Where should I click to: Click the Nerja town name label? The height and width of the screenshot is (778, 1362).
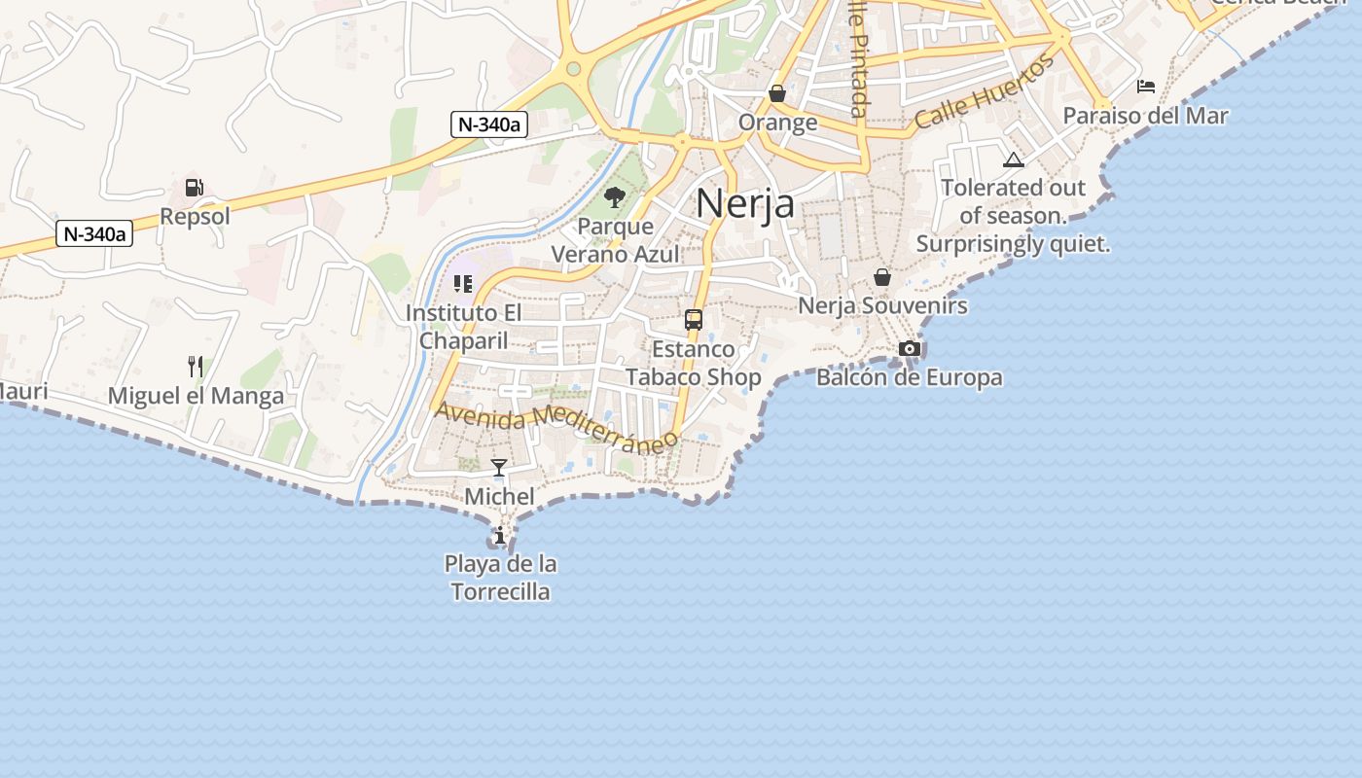pyautogui.click(x=745, y=203)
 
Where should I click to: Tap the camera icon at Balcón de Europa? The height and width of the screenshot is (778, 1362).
pyautogui.click(x=910, y=348)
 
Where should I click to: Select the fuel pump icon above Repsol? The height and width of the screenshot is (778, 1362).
pyautogui.click(x=195, y=187)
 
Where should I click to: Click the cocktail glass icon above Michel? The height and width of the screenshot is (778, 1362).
pyautogui.click(x=499, y=468)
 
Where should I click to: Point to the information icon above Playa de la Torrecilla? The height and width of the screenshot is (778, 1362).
pyautogui.click(x=500, y=535)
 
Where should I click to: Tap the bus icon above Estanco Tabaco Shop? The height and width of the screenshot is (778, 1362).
pyautogui.click(x=694, y=319)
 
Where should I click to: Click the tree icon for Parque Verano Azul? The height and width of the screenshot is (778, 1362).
pyautogui.click(x=615, y=198)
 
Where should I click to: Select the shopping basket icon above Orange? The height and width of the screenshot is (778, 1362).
pyautogui.click(x=777, y=93)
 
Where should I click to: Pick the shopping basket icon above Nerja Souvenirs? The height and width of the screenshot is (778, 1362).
pyautogui.click(x=882, y=277)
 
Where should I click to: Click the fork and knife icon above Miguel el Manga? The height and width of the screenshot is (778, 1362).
pyautogui.click(x=196, y=367)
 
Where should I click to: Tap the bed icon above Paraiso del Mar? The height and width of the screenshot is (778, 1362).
pyautogui.click(x=1146, y=87)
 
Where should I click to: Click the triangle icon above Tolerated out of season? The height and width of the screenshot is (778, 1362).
pyautogui.click(x=1014, y=159)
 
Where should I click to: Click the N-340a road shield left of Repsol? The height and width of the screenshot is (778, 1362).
pyautogui.click(x=94, y=233)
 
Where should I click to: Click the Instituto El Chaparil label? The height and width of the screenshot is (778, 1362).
pyautogui.click(x=464, y=327)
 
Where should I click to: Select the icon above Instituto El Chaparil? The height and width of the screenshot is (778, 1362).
pyautogui.click(x=463, y=284)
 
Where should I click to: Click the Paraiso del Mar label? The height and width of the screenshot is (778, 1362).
pyautogui.click(x=1145, y=116)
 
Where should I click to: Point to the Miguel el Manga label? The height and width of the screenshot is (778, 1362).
pyautogui.click(x=196, y=396)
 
